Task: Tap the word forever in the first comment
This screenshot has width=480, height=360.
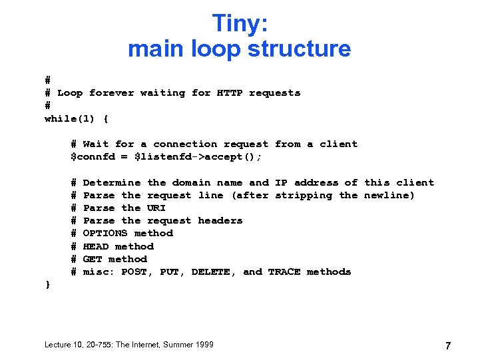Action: [111, 93]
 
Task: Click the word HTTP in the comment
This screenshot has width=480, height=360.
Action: [230, 93]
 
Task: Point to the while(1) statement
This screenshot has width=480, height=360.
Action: [70, 118]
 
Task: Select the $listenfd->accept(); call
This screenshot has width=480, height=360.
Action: [198, 157]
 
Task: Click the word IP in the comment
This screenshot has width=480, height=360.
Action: [281, 182]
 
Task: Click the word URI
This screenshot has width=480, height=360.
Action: [156, 208]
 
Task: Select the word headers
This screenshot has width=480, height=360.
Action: [220, 220]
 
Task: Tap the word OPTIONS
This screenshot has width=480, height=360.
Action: [105, 233]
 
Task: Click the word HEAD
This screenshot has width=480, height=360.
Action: [96, 246]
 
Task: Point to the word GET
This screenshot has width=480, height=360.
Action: [93, 259]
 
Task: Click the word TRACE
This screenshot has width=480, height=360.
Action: [284, 271]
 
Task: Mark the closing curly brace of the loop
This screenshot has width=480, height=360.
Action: [47, 284]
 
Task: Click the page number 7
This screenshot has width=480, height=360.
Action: [448, 345]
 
